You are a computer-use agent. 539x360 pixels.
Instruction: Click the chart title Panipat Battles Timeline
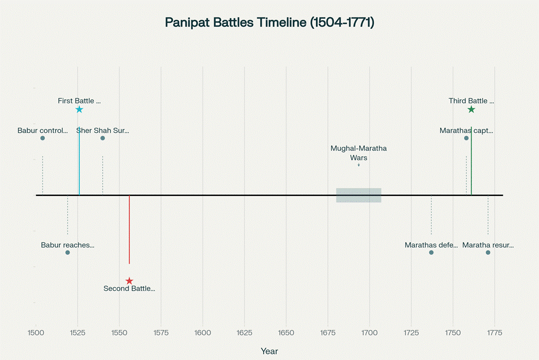coord(269,22)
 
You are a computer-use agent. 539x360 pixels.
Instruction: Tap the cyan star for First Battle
coord(79,110)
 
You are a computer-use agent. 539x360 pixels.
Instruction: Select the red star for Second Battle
coord(129,281)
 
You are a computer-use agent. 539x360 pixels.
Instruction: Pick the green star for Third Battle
coord(471,110)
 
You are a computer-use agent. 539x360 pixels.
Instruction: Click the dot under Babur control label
coord(43,138)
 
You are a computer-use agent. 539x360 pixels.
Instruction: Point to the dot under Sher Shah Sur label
coord(103,138)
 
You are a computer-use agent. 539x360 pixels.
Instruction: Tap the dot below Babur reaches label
coord(68,252)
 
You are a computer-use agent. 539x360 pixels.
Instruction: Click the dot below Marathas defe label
coord(431,252)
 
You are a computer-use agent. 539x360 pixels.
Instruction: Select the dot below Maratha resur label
coord(488,252)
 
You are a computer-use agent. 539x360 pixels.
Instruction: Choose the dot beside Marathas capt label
coord(466,138)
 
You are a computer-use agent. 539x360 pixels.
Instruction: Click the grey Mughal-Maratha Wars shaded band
coord(359,195)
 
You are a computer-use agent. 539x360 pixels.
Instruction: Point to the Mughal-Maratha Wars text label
coord(359,153)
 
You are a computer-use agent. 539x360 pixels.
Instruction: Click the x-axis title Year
coord(269,351)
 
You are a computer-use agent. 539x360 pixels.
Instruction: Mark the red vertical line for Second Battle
coord(129,230)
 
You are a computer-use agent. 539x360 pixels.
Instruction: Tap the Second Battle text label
coord(129,289)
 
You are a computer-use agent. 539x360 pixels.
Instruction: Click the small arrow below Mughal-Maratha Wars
coord(359,165)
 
